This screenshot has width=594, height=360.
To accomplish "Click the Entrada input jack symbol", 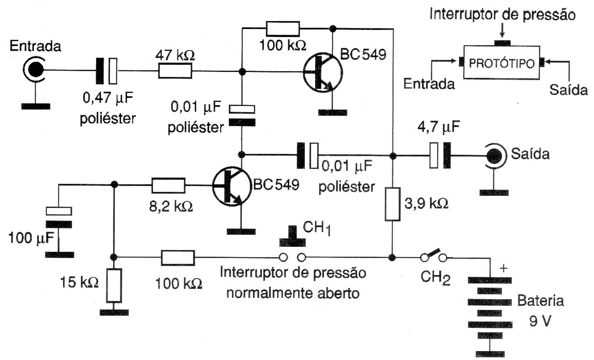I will tap(34, 70).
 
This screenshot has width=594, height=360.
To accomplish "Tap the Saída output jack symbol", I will tap(494, 156).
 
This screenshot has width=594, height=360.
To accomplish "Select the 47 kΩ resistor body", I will tap(175, 71).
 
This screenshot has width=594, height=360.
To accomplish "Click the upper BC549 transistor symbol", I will tap(322, 72).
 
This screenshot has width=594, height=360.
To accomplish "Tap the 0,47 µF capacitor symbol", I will tap(107, 70).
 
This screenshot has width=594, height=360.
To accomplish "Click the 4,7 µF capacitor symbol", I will tap(440, 156).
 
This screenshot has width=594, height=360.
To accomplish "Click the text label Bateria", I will tap(540, 301).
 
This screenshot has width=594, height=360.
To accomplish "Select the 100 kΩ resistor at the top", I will tap(283, 29).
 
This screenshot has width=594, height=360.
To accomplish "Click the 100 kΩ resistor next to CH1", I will tap(178, 258).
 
